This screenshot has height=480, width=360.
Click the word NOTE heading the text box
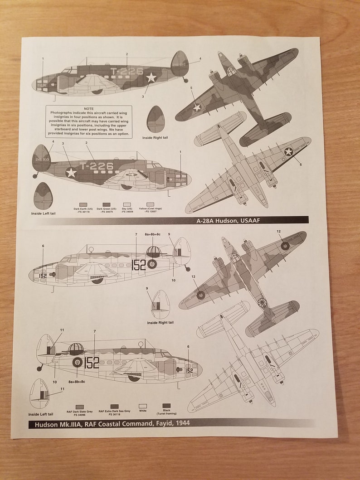[x=89, y=109]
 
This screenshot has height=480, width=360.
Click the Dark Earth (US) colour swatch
[x=83, y=204]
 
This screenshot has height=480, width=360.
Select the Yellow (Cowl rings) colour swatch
[x=150, y=204]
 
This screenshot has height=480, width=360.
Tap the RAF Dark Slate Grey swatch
[x=80, y=407]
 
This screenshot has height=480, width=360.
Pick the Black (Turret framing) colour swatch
[x=166, y=406]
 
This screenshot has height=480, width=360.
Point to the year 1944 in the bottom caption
[x=181, y=423]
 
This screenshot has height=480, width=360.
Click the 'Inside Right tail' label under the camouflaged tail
[x=155, y=137]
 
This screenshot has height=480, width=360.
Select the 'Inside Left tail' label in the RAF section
[x=41, y=414]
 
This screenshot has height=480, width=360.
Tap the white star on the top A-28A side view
[x=151, y=78]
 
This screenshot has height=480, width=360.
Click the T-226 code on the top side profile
[x=127, y=71]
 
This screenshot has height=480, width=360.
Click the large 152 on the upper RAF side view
[x=139, y=265]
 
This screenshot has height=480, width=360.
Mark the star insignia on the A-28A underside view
[x=288, y=151]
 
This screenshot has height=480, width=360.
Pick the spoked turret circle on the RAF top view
[x=263, y=302]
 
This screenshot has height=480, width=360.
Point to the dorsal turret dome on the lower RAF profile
[x=76, y=349]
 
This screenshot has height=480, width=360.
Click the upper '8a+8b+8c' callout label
[x=153, y=234]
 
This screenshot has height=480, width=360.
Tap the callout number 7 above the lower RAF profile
[x=94, y=331]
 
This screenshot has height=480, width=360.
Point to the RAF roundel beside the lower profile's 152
[x=78, y=362]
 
